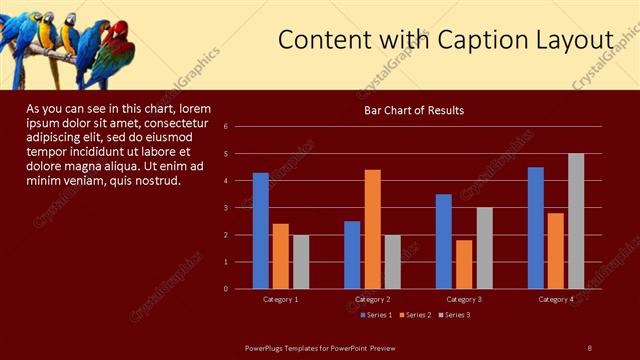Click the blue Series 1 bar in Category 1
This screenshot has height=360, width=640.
(x=260, y=230)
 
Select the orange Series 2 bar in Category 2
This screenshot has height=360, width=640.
(x=372, y=229)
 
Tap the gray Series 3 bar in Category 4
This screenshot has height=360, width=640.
(x=576, y=221)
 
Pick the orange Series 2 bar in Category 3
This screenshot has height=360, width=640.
(x=464, y=264)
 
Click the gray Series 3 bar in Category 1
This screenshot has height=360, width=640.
(x=300, y=262)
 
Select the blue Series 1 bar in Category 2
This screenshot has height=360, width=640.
(x=352, y=255)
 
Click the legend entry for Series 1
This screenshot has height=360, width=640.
(x=373, y=315)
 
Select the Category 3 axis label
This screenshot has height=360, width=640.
(x=464, y=299)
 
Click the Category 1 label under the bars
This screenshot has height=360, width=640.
(x=280, y=299)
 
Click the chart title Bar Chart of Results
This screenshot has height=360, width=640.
(x=413, y=110)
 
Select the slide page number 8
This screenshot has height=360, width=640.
(x=589, y=347)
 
